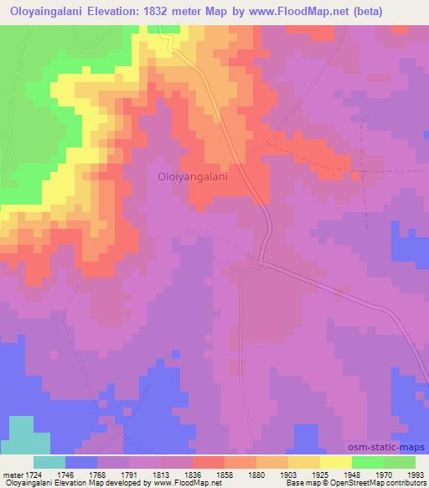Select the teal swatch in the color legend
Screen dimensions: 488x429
49,461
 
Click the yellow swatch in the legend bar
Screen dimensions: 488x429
335,461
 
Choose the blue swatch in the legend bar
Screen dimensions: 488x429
80,461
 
